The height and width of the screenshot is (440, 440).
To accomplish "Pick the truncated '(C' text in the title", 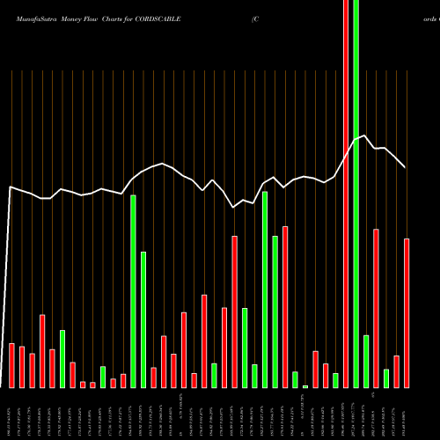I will coord(253,18).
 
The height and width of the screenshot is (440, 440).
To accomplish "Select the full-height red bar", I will coord(346,194).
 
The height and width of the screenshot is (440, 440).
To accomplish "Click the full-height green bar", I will coord(356,194).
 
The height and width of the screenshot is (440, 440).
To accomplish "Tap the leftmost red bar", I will coord(11,365).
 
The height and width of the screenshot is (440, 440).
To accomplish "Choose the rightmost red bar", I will coord(407,312).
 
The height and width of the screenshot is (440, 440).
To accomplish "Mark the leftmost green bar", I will coord(62,359).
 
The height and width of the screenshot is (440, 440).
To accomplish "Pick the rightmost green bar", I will coord(386,378).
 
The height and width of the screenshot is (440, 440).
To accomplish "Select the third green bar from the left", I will coord(133,291).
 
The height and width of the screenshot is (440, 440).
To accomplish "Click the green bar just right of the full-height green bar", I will coord(366,361).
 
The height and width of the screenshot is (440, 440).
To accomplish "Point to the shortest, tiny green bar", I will coord(305,386).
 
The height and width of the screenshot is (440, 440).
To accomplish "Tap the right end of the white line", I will coord(406,166).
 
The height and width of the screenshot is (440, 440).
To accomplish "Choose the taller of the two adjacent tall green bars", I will coord(265,290).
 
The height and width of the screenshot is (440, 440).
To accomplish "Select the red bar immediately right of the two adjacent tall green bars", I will coord(285,307).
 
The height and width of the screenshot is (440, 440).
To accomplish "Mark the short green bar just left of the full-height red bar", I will coord(335,380).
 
